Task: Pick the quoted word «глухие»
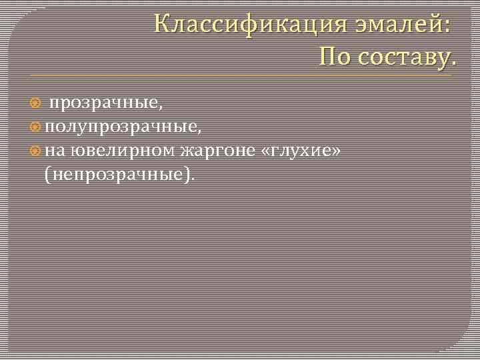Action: click(x=303, y=151)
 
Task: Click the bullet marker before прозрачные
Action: click(x=36, y=103)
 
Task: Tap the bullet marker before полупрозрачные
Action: click(x=36, y=127)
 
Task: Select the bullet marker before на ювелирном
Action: click(x=36, y=151)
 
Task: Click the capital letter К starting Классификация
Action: click(x=162, y=24)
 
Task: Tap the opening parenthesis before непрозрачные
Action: click(x=47, y=175)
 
